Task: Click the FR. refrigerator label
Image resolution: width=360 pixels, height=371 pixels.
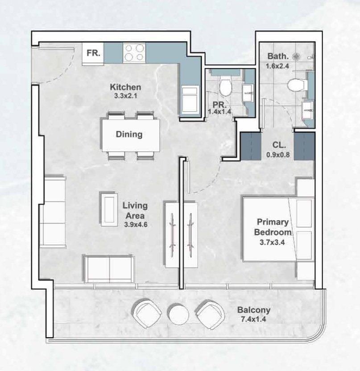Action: coord(93,53)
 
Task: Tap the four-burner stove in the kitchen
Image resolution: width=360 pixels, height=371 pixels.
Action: coord(134,53)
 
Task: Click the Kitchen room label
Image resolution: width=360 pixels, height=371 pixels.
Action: coord(126,87)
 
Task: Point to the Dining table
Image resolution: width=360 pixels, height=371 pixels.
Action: coord(129,134)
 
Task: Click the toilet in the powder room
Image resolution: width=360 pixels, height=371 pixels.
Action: coord(225,86)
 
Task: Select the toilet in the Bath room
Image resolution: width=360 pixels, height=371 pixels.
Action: coord(295,84)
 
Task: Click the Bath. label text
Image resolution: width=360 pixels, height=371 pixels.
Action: coord(277,57)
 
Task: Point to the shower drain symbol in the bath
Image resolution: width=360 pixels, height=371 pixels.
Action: coord(296,57)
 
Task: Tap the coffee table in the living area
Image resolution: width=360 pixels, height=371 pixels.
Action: coord(109,209)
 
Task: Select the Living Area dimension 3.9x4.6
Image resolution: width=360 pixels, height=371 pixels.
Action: coord(136,225)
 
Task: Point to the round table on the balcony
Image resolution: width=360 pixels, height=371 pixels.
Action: coord(178,313)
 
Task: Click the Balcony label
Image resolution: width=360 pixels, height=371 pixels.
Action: coord(253,310)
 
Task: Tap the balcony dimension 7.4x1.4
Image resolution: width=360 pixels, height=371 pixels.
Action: coord(253,319)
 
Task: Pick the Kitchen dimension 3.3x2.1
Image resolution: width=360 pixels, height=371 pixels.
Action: coord(126,95)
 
